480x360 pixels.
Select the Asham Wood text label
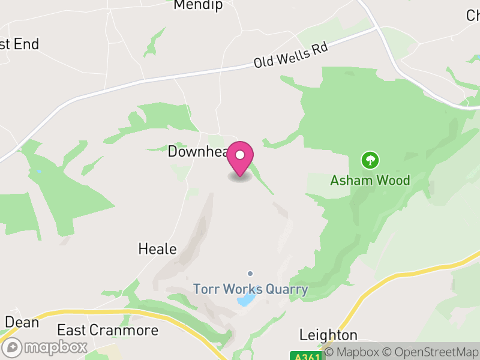point(370,180)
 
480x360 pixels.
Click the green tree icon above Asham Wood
point(370,160)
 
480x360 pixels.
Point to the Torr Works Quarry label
point(250,289)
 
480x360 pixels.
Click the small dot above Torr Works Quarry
point(250,274)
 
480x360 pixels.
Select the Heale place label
point(157,248)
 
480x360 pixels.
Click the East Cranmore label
point(107,330)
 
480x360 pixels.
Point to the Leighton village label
point(328,335)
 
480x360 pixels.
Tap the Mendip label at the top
point(198,5)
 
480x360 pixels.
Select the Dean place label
point(22,322)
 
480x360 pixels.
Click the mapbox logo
point(45,347)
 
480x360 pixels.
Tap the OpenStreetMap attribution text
point(432,352)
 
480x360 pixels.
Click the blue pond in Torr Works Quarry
point(247,299)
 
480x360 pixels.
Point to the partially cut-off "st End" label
point(19,44)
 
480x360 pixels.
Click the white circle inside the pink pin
point(240,155)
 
